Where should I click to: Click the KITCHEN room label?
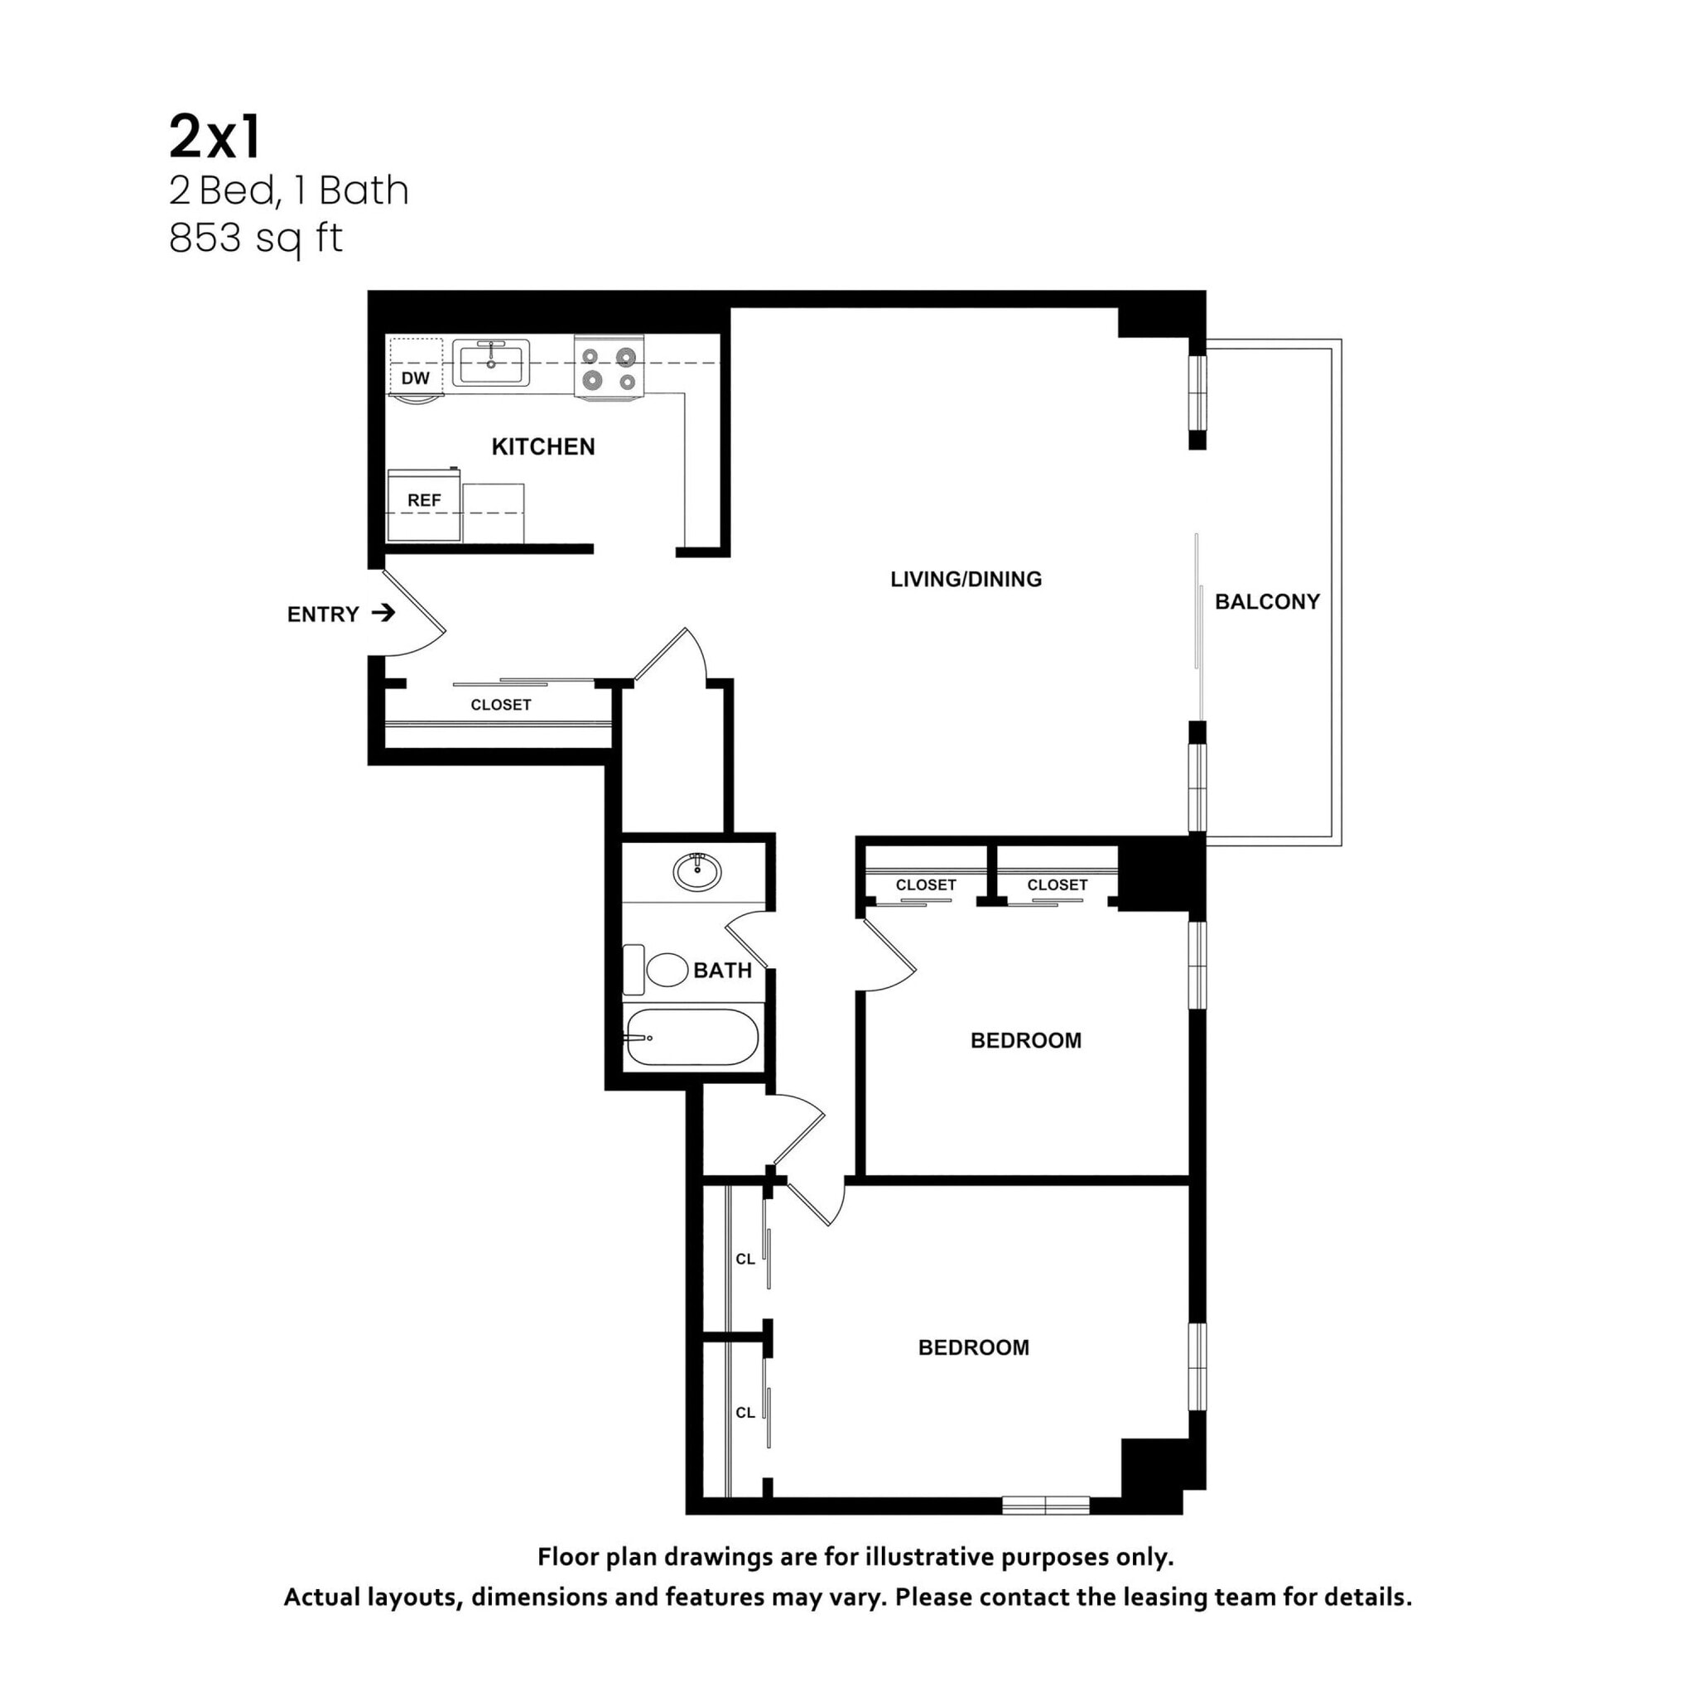tap(542, 447)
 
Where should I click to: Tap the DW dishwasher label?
tap(415, 378)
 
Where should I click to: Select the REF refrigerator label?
tap(424, 500)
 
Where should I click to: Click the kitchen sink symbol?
tap(491, 363)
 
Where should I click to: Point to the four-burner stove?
tap(609, 368)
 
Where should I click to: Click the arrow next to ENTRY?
tap(383, 613)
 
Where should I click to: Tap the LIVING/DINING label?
tap(966, 580)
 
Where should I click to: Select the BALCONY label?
tap(1267, 602)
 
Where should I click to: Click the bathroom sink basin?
tap(697, 872)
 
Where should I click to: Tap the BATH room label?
tap(722, 971)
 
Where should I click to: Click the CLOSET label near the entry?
tap(500, 705)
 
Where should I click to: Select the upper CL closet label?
tap(744, 1259)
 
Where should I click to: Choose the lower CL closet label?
tap(744, 1413)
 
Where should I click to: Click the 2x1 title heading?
tap(215, 137)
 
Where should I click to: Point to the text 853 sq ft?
tap(255, 238)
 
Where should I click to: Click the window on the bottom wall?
tap(1046, 1506)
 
